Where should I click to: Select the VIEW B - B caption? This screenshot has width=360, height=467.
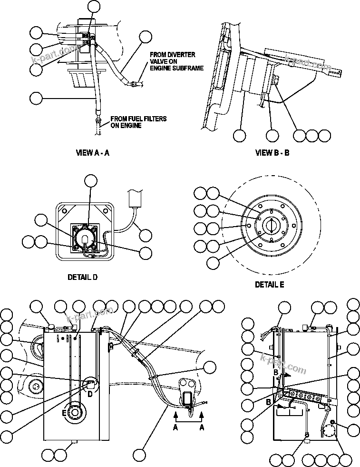[x=272, y=153]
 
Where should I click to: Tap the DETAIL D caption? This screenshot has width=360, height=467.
[x=82, y=278]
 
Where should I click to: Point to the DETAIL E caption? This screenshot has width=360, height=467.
[x=269, y=285]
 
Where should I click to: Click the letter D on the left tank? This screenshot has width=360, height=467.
[x=90, y=393]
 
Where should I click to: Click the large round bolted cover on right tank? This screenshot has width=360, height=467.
[x=328, y=433]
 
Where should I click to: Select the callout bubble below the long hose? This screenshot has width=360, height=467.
[x=139, y=453]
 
